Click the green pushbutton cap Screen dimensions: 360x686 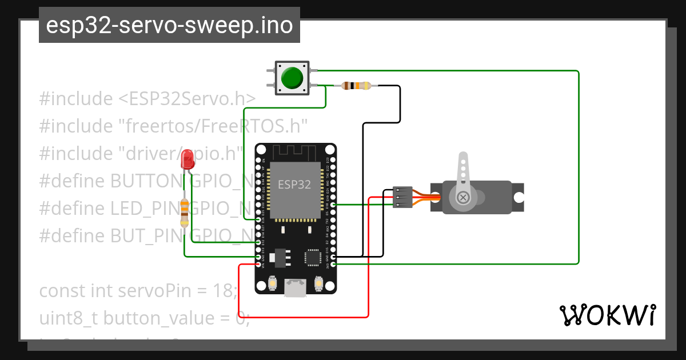[x=292, y=78]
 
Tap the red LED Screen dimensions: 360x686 [x=187, y=159]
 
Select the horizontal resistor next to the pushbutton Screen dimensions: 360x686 [x=356, y=86]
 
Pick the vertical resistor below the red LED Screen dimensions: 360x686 [x=185, y=213]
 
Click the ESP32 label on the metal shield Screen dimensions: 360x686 [x=294, y=185]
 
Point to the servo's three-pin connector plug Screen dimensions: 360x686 [x=402, y=197]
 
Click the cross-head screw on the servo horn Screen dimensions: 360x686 [x=464, y=198]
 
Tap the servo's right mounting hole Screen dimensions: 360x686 [x=518, y=198]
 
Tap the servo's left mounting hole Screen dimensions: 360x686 [x=436, y=198]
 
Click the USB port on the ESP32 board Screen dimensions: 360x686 [x=295, y=289]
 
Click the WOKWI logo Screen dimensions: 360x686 [x=607, y=314]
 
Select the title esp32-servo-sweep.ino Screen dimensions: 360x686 [x=169, y=25]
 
